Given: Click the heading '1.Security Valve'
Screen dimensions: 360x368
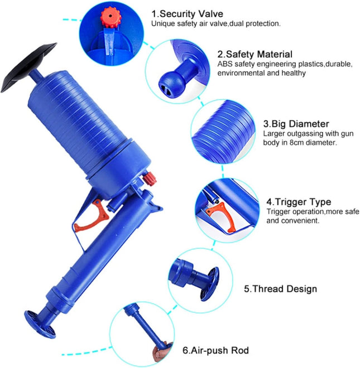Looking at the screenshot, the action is tap(187, 14).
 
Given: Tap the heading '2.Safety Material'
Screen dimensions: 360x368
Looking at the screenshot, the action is tap(255, 54).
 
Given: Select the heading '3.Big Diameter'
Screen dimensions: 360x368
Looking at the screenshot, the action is tap(296, 124).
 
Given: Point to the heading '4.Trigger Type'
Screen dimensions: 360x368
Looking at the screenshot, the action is tap(299, 202).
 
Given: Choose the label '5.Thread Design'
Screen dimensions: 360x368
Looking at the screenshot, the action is tap(280, 289).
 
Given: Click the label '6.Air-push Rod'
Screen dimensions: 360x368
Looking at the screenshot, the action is tap(215, 350).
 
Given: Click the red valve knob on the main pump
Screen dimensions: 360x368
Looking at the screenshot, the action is tap(149, 178).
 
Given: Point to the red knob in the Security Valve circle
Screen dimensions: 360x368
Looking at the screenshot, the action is tap(111, 17).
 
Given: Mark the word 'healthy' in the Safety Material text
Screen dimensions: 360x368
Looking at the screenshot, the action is tap(294, 73).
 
